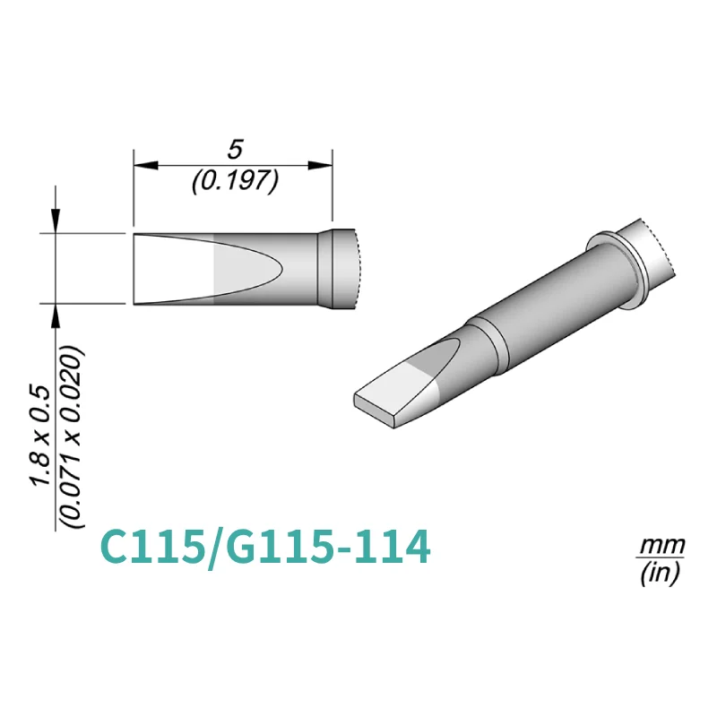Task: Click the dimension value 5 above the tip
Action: [236, 149]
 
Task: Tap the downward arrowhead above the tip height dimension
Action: [56, 222]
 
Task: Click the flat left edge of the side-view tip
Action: [134, 269]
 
